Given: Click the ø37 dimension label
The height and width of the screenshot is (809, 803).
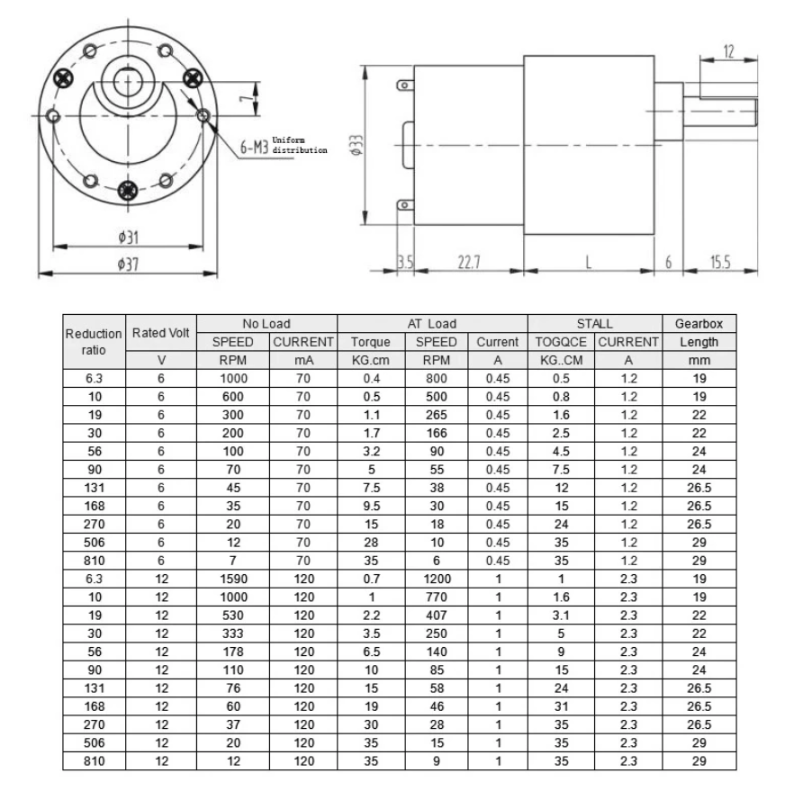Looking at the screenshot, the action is coord(128,265).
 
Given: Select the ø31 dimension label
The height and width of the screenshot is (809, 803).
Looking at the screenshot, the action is coord(128,238).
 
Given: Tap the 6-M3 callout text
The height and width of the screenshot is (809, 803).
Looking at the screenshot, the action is coord(254,148).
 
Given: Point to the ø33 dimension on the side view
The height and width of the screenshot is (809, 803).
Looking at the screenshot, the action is coord(356,145).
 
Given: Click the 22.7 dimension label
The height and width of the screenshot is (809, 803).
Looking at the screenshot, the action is coord(469,262).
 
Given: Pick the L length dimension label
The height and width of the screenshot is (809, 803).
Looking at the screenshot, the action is coord(589,262).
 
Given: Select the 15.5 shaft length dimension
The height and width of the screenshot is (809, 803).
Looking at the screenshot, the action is coord(720,262).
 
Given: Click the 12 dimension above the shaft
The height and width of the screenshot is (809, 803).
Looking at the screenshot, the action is coord(728,51).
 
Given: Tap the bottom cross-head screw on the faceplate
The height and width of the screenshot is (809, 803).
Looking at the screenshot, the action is coord(128,190).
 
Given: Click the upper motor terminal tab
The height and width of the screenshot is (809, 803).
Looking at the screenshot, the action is coord(405,85).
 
